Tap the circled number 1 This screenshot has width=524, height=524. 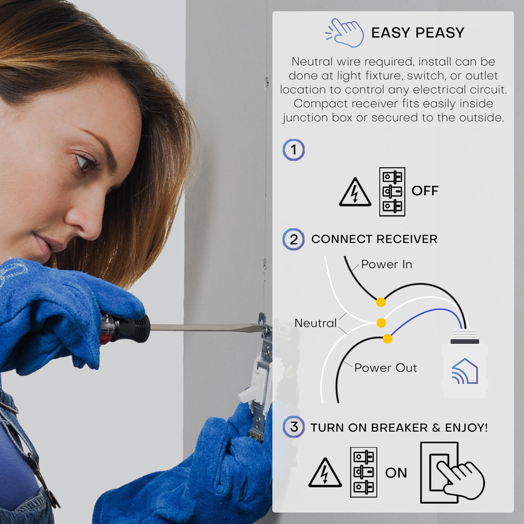[x=294, y=150]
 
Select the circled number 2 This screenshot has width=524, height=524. [x=294, y=239]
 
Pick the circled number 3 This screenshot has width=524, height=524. [x=294, y=427]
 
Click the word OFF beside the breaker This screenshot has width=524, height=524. [x=425, y=191]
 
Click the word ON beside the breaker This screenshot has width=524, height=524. [x=396, y=473]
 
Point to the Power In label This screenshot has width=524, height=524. [x=386, y=264]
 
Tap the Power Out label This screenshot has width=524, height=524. [x=385, y=368]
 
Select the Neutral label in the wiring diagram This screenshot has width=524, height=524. [x=315, y=323]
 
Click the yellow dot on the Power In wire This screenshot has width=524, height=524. [x=381, y=302]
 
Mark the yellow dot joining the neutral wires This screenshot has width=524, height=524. [x=381, y=323]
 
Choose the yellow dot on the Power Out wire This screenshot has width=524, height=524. [x=387, y=339]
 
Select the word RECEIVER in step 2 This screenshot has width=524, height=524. [x=407, y=239]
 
